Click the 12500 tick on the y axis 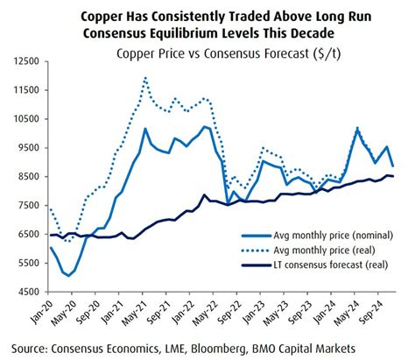(25, 61)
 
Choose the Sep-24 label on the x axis (381, 309)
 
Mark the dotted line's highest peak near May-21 (144, 78)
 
